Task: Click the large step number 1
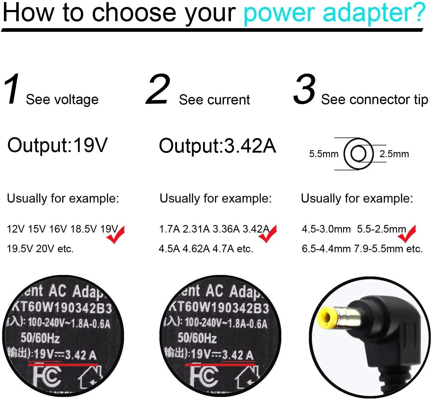click(12, 90)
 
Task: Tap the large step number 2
click(158, 89)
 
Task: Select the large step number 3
click(304, 89)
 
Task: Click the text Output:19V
click(57, 145)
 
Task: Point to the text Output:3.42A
click(217, 146)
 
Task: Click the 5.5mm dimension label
click(323, 154)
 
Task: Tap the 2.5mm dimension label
click(394, 154)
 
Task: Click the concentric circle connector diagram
click(359, 154)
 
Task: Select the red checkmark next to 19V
click(116, 235)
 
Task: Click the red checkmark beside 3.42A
click(268, 234)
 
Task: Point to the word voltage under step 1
click(79, 100)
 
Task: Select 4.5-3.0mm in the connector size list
click(326, 229)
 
